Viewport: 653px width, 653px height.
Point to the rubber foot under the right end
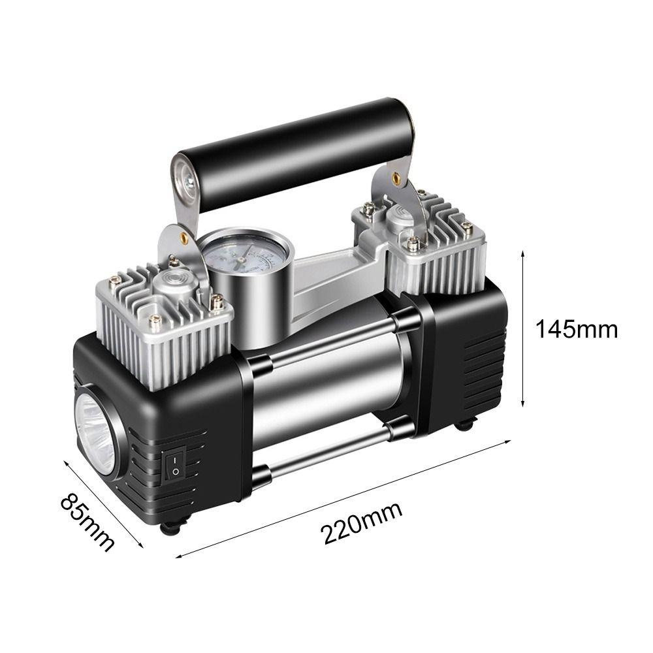pos(466,425)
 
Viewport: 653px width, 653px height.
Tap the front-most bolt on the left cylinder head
pos(155,321)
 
